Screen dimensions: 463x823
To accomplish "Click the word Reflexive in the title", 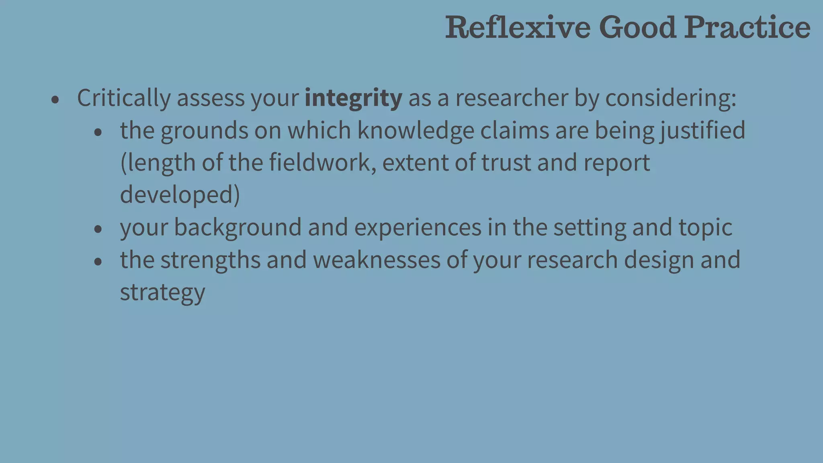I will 518,27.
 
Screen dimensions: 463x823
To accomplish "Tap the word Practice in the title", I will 747,27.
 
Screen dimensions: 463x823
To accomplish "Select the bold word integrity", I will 353,98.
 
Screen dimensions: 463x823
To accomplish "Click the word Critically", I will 124,98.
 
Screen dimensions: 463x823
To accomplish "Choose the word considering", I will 670,98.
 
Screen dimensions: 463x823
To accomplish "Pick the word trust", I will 506,163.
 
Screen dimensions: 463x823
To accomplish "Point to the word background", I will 237,227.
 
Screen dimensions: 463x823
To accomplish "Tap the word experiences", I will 418,227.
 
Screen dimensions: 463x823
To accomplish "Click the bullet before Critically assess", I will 55,100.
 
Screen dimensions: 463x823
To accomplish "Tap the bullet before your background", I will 98,229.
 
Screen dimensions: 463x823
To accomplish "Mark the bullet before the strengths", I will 98,262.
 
